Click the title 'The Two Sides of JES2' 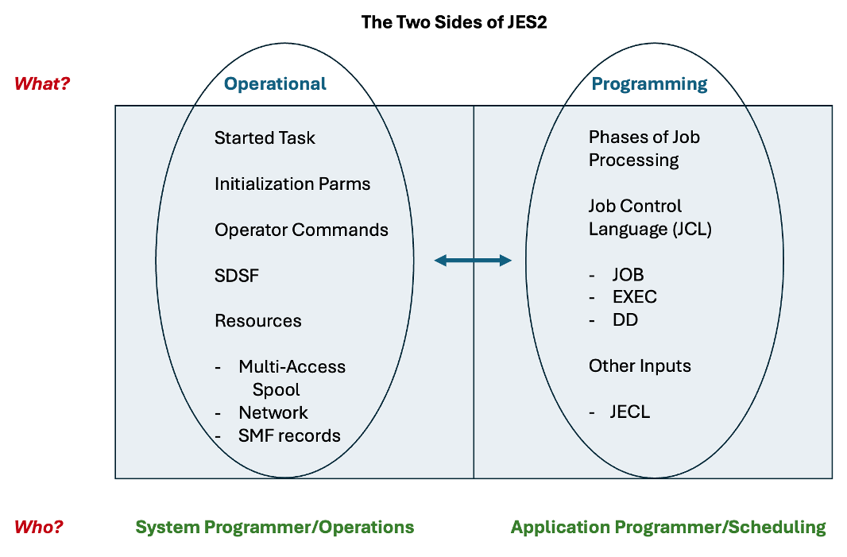pyautogui.click(x=454, y=22)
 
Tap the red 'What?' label pyautogui.click(x=42, y=83)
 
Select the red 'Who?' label pyautogui.click(x=38, y=527)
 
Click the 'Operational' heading pyautogui.click(x=275, y=83)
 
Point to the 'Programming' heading pyautogui.click(x=649, y=84)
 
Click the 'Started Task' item pyautogui.click(x=265, y=137)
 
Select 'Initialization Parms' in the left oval pyautogui.click(x=292, y=184)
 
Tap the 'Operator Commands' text pyautogui.click(x=301, y=230)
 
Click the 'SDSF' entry pyautogui.click(x=237, y=276)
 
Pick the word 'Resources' pyautogui.click(x=258, y=321)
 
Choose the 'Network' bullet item pyautogui.click(x=273, y=412)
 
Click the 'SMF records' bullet pyautogui.click(x=289, y=435)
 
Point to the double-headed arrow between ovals pyautogui.click(x=473, y=261)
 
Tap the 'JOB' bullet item pyautogui.click(x=628, y=275)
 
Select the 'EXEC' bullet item pyautogui.click(x=635, y=297)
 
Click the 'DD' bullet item pyautogui.click(x=625, y=320)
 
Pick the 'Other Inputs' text pyautogui.click(x=640, y=366)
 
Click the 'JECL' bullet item pyautogui.click(x=630, y=412)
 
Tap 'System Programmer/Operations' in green pyautogui.click(x=275, y=528)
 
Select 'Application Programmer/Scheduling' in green pyautogui.click(x=668, y=528)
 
